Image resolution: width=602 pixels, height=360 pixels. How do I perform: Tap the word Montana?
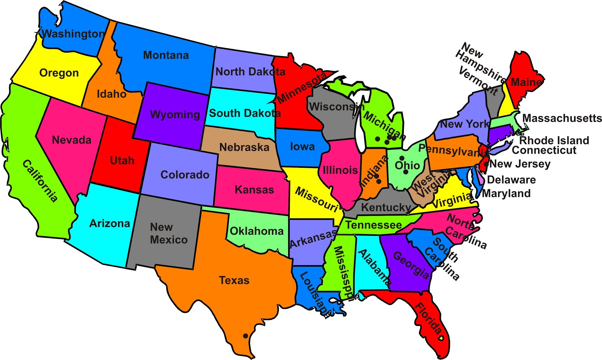[166, 55]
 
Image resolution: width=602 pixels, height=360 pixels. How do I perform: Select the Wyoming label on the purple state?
[175, 114]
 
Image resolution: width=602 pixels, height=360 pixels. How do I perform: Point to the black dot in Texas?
[245, 336]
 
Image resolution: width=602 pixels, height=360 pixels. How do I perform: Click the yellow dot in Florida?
[441, 338]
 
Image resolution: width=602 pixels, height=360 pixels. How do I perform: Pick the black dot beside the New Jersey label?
[486, 164]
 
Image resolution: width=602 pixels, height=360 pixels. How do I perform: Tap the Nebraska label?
[244, 147]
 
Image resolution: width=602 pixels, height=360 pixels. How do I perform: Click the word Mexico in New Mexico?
[169, 240]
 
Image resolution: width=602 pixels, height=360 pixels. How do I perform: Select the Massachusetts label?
[562, 118]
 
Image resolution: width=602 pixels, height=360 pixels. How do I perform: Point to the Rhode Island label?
[554, 140]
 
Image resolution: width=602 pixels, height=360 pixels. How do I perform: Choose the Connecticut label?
[544, 150]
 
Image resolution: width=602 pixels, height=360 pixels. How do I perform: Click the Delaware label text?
[511, 179]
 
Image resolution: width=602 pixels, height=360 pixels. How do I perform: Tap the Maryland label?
[506, 193]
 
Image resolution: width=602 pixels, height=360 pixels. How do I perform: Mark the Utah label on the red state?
[122, 161]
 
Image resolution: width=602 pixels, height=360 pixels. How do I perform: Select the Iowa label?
[302, 146]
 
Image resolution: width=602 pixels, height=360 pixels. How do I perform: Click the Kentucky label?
[386, 207]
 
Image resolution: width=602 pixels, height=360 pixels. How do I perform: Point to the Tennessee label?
[374, 225]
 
